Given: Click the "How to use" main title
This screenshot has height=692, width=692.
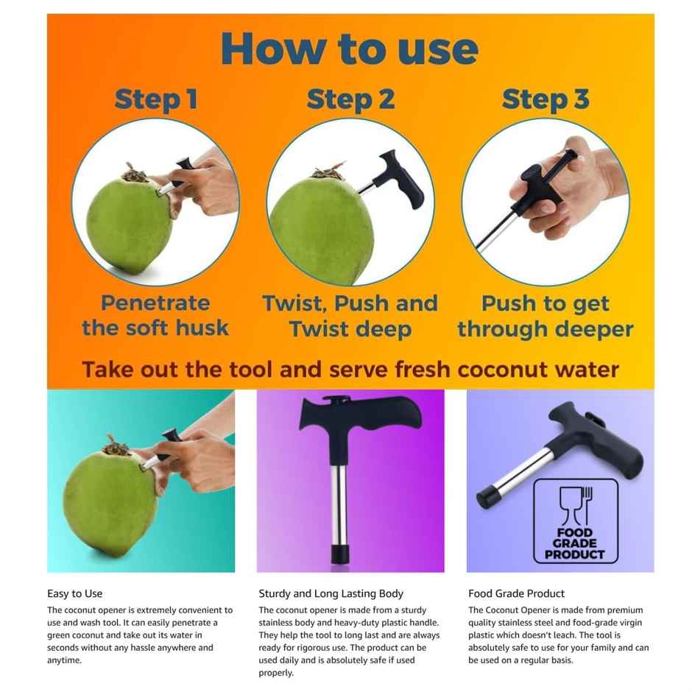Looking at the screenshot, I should pyautogui.click(x=350, y=49).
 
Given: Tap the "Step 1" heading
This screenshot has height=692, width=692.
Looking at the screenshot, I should pyautogui.click(x=156, y=100).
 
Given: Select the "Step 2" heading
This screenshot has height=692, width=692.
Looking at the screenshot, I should pyautogui.click(x=350, y=100).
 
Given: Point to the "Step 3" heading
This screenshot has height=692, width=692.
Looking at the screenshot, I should pyautogui.click(x=546, y=100).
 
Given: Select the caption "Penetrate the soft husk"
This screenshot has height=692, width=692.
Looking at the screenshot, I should pyautogui.click(x=155, y=316).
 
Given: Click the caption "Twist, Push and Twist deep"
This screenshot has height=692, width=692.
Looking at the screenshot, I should pyautogui.click(x=350, y=316).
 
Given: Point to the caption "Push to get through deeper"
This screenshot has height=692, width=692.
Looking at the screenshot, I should pyautogui.click(x=546, y=316).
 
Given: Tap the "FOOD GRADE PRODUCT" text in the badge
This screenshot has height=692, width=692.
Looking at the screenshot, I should pyautogui.click(x=576, y=544).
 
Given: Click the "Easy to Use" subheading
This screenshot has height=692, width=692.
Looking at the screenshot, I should pyautogui.click(x=75, y=593).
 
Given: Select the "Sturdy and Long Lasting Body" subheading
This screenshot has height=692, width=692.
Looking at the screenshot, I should pyautogui.click(x=331, y=593).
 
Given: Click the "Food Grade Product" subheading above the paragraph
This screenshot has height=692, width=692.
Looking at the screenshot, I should pyautogui.click(x=517, y=593).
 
